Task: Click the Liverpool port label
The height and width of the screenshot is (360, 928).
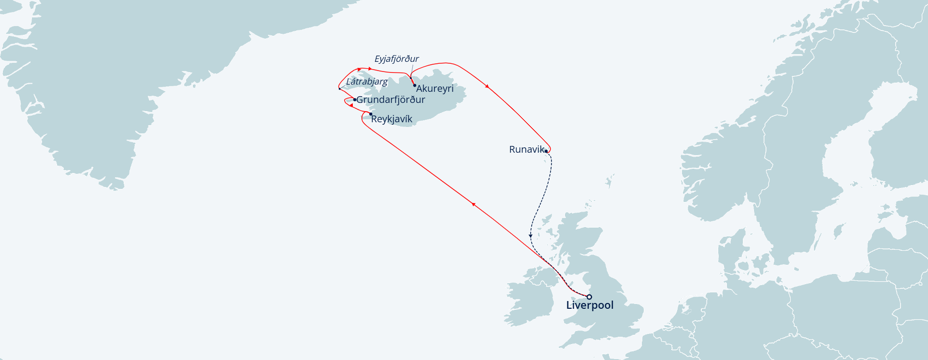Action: coord(590,305)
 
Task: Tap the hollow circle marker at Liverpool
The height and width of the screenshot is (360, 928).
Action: coord(589,297)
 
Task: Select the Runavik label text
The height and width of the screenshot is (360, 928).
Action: coord(526,150)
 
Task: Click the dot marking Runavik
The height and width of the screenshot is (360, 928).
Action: coord(546,151)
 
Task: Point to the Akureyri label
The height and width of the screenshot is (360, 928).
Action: coord(435,88)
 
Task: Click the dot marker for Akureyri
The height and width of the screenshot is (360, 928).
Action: coord(415,86)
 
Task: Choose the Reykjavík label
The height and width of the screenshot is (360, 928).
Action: coord(391,119)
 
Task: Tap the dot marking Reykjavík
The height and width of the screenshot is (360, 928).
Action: coord(371,114)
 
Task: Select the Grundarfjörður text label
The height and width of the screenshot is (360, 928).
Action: coord(391,100)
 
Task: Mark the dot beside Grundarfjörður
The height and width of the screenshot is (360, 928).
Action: coord(355,100)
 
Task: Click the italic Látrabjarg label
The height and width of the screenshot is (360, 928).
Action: coord(367,82)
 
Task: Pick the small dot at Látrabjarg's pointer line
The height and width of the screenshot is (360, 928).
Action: coord(340,88)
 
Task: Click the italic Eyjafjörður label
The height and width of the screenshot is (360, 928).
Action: coord(396,59)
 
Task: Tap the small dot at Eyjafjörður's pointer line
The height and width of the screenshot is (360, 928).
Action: coord(410,78)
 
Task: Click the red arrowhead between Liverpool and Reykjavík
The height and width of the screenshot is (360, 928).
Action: coord(474,204)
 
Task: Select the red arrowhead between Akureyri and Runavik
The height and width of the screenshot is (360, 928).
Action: coord(487,86)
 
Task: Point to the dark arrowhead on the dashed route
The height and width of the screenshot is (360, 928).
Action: coord(531,236)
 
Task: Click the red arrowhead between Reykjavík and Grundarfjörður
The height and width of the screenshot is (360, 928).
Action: coord(351,105)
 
